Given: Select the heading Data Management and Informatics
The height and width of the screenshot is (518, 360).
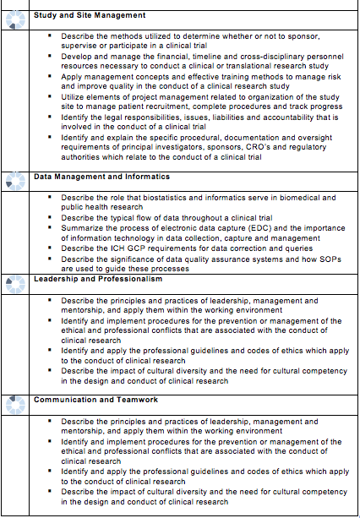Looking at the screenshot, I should [101, 177].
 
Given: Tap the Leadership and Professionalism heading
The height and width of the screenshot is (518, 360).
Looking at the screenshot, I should [97, 279].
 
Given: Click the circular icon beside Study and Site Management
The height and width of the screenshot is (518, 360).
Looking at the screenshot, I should [16, 20].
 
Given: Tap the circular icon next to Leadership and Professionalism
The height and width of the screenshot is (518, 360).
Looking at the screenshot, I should [16, 285].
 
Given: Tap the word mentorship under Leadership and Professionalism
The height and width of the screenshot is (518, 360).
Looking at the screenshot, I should [85, 309].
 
